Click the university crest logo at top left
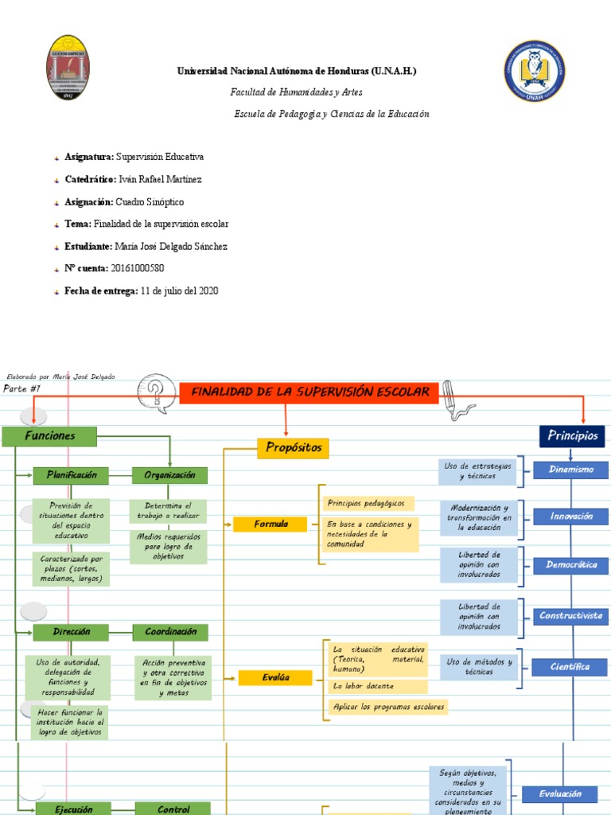(68, 68)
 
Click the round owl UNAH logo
(535, 71)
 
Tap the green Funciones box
(49, 436)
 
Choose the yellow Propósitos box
(293, 448)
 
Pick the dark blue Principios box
(572, 436)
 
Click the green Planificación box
(72, 475)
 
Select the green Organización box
(169, 475)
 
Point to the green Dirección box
(72, 632)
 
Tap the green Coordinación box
(170, 632)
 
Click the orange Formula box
(270, 524)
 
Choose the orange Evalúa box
(275, 677)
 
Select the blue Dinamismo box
(571, 470)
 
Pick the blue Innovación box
(571, 517)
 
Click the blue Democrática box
(571, 565)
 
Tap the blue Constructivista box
(571, 615)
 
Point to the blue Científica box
(570, 667)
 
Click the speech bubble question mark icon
(156, 389)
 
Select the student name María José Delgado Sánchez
(171, 247)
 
